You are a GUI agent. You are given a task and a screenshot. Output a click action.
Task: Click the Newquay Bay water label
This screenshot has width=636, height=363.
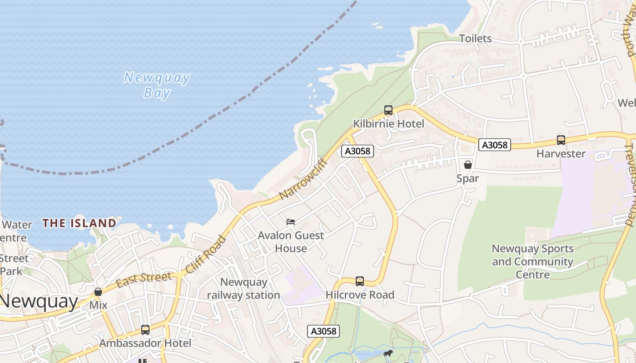(x=157, y=85)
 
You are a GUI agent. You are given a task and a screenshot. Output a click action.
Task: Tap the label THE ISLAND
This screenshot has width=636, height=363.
(x=79, y=223)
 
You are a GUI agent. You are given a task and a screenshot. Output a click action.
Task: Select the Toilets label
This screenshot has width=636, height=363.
(x=475, y=39)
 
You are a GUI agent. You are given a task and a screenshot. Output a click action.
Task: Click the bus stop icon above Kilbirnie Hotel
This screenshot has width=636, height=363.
(x=388, y=110)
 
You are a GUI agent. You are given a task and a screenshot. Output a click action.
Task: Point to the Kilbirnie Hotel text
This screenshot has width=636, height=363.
(x=388, y=124)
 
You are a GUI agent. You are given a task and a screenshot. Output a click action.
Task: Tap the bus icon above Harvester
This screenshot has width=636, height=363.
(x=561, y=140)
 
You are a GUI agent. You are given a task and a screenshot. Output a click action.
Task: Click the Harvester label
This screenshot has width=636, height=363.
(x=561, y=154)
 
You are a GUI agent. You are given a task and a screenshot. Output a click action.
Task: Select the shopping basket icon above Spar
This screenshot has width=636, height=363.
(x=468, y=165)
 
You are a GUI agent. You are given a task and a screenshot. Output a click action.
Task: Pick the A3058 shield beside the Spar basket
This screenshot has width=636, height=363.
(x=495, y=145)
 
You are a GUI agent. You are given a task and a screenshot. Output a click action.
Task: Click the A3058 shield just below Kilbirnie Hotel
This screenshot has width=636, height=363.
(x=358, y=151)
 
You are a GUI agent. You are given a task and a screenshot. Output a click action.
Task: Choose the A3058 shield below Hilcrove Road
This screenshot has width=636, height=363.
(x=323, y=331)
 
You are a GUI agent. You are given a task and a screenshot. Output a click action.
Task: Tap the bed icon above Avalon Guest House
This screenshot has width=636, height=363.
(x=291, y=222)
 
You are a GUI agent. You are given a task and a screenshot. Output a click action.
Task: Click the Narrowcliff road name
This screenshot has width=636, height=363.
(x=303, y=178)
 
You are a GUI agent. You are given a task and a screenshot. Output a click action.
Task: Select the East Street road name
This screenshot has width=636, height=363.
(x=144, y=280)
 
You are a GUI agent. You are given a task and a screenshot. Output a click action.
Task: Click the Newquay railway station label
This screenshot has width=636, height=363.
(x=243, y=289)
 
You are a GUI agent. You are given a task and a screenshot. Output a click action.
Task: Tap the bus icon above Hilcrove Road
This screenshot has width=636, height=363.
(x=360, y=281)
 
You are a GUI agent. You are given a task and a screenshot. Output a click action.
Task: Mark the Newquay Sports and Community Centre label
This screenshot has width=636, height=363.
(x=532, y=261)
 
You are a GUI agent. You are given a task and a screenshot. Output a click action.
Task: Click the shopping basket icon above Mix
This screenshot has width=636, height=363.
(x=98, y=292)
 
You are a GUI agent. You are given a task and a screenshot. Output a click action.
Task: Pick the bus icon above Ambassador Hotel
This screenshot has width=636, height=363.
(x=145, y=330)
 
